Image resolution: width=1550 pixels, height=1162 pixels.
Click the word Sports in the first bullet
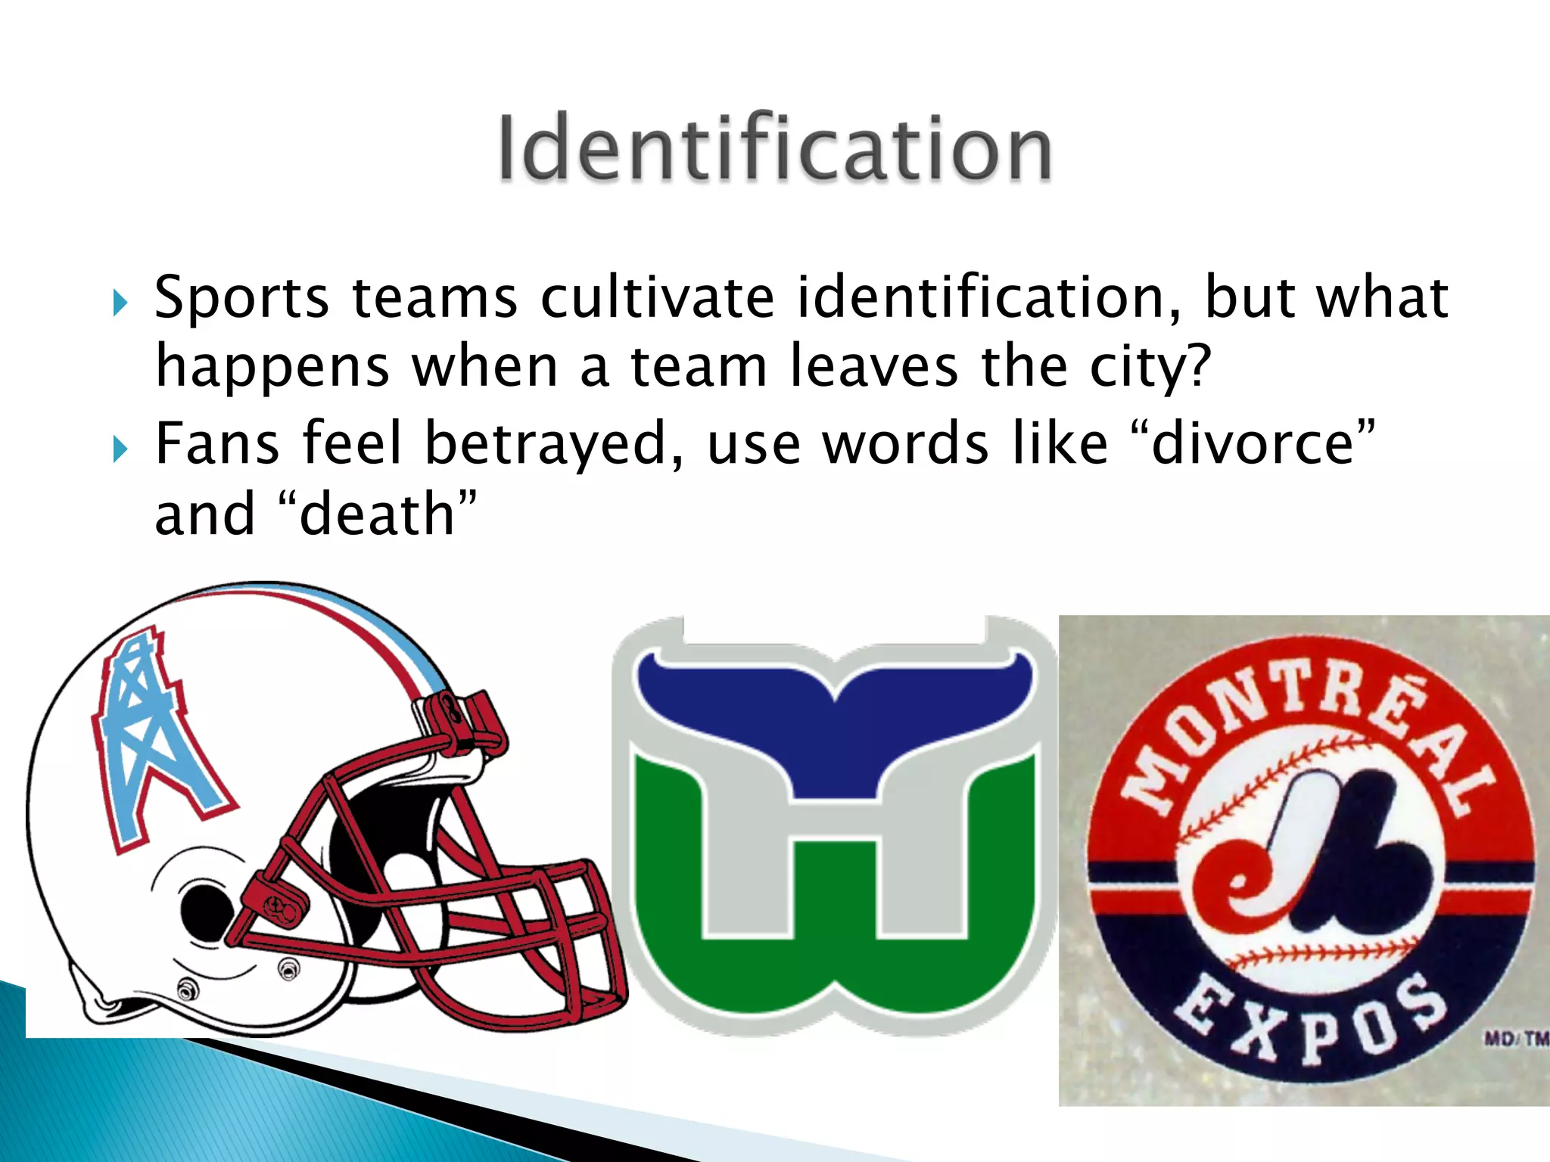point(241,298)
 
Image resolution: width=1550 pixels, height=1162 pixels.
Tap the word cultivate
point(657,297)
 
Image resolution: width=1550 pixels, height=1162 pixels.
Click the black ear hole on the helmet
point(203,908)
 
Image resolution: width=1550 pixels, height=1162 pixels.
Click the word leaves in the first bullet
point(873,367)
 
